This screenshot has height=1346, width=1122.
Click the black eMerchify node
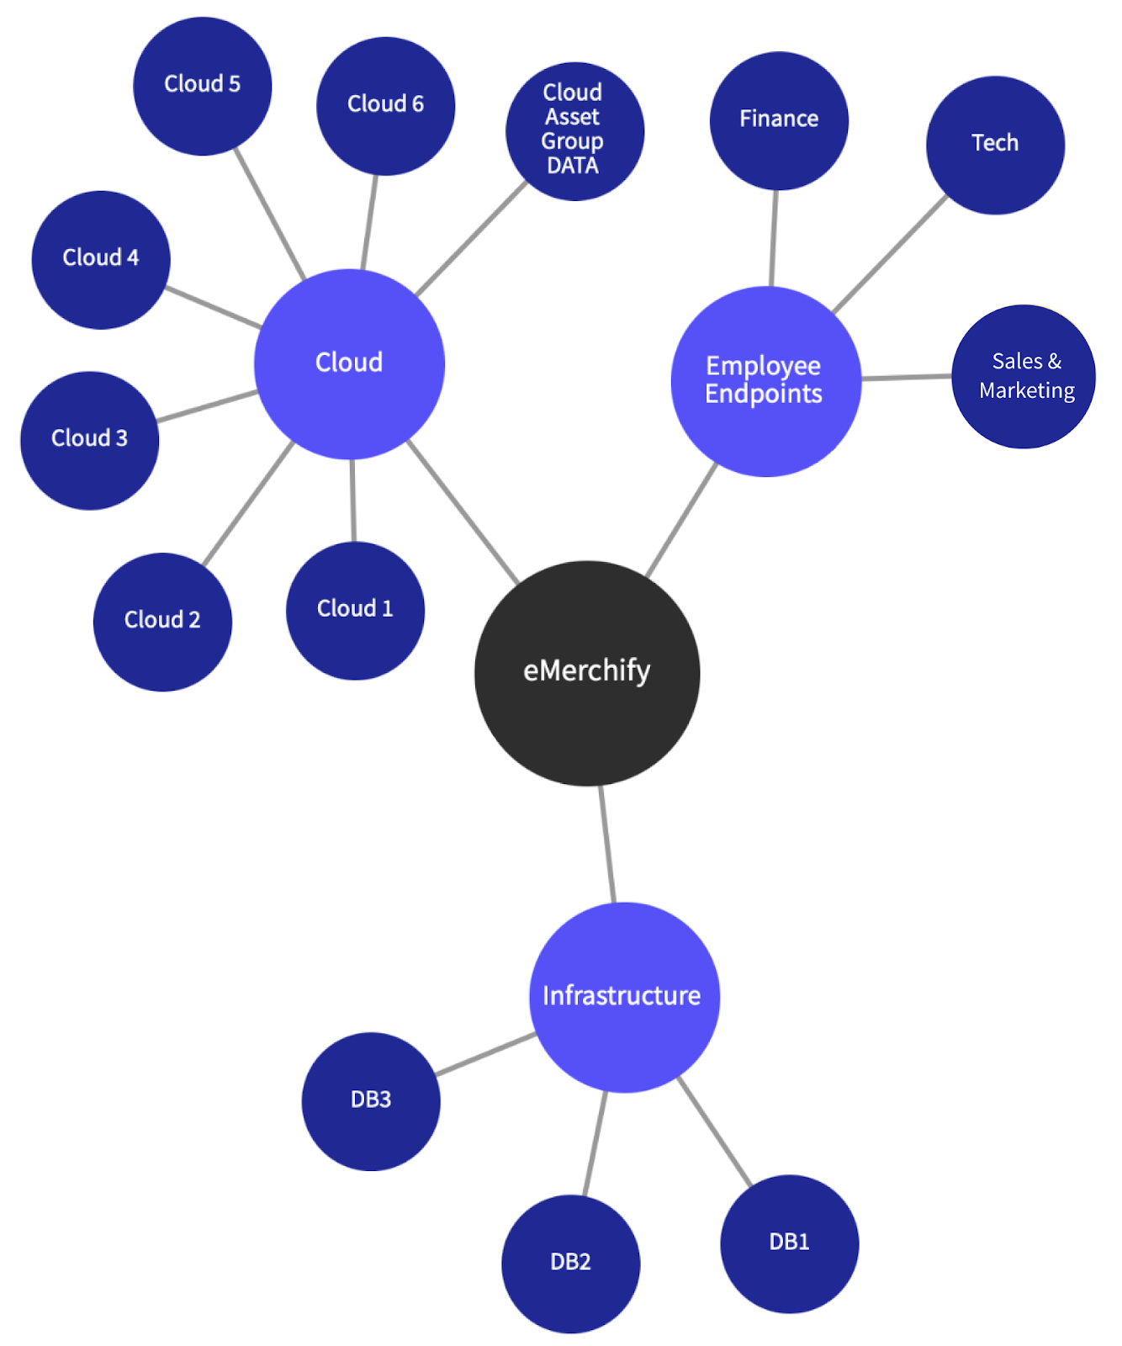coord(587,673)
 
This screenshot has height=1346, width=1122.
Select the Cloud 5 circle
coord(202,86)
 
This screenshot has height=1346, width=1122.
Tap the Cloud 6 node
coord(385,106)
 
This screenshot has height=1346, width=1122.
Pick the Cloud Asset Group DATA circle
coord(574,131)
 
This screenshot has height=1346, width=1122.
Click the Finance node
coord(779,120)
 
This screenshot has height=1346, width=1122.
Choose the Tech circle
coord(995,145)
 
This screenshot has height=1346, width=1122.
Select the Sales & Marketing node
coord(1024,376)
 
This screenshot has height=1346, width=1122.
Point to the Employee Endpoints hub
coord(765,381)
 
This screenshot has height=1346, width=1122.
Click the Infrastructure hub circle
coord(624,997)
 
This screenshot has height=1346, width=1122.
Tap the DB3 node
coord(371,1100)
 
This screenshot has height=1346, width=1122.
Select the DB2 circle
coord(570,1263)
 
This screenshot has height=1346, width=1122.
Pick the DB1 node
coord(789,1243)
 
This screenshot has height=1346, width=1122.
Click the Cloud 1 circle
coord(355,610)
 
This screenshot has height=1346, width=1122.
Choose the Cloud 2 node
coord(162,622)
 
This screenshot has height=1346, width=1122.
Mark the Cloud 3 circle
coord(89,440)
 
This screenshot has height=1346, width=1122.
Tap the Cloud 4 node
coord(101,259)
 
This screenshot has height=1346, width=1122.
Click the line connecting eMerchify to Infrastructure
coord(607,844)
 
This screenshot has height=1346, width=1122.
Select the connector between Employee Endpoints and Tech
coord(890,254)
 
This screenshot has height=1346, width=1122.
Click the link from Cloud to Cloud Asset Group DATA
coord(471,239)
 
